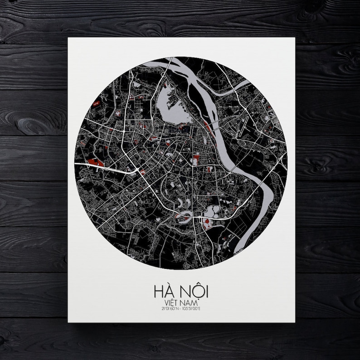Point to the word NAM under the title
click(x=190, y=300)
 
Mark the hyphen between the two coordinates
click(x=180, y=307)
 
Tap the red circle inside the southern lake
click(x=207, y=222)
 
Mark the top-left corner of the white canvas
click(x=68, y=38)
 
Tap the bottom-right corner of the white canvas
click(x=295, y=322)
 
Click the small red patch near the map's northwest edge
click(x=96, y=104)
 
